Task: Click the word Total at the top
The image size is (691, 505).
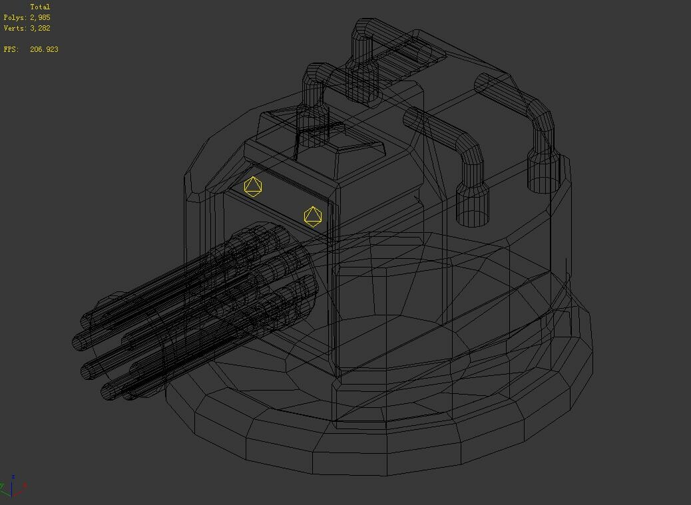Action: pos(40,7)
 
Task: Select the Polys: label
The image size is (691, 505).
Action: pos(15,17)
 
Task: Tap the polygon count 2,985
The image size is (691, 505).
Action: pos(40,17)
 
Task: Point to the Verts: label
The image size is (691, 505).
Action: pos(15,28)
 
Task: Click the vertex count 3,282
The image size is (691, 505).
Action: pos(40,28)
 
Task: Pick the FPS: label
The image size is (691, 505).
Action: pos(11,49)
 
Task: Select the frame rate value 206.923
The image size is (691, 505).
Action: pos(44,49)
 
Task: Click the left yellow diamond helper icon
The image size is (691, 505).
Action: pos(253,187)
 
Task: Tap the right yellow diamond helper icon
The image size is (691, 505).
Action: pos(313,216)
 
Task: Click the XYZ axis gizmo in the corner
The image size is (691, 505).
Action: pos(13,487)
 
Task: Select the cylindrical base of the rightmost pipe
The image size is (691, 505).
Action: pos(545,174)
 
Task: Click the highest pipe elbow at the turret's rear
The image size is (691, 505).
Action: pos(365,30)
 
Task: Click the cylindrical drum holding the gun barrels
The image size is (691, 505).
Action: pos(266,279)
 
